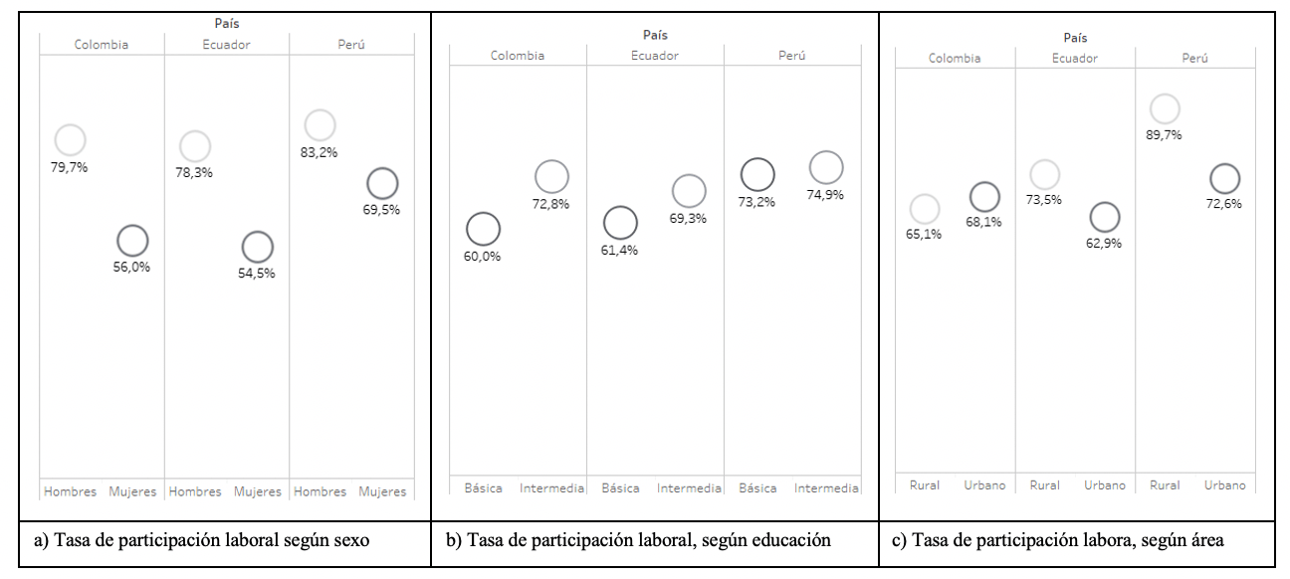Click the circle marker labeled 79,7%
click(70, 141)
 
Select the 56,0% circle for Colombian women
click(132, 240)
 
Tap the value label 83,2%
click(320, 152)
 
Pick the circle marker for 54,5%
click(257, 247)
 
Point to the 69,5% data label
click(382, 210)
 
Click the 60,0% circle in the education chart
click(483, 229)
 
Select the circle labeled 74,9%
click(825, 168)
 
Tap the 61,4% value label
click(619, 250)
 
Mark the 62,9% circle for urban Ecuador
click(1104, 217)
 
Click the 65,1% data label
click(925, 234)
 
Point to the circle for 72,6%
click(1224, 179)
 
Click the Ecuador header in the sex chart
click(226, 44)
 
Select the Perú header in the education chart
click(792, 56)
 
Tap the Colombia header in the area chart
click(955, 58)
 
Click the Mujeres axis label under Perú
click(382, 491)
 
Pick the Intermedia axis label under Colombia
click(551, 488)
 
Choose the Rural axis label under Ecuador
click(1044, 485)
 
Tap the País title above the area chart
click(1075, 38)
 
